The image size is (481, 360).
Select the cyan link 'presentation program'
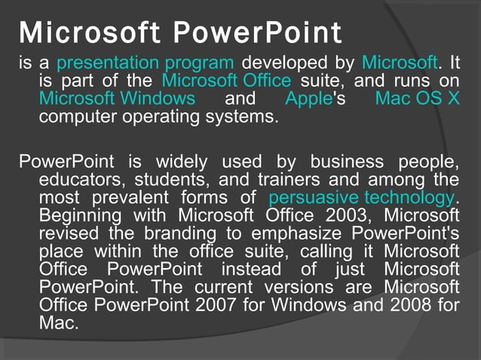[x=145, y=63]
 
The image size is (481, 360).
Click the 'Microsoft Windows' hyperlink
[x=117, y=99]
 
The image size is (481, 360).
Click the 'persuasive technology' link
[x=361, y=198]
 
